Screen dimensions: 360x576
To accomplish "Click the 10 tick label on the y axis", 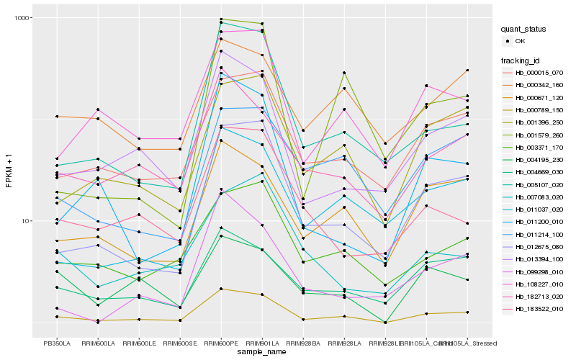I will point(22,221).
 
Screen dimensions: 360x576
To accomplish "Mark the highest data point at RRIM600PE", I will point(221,19).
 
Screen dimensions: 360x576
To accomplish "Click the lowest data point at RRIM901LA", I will point(262,294).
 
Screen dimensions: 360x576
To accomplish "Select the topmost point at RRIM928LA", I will point(344,73).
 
